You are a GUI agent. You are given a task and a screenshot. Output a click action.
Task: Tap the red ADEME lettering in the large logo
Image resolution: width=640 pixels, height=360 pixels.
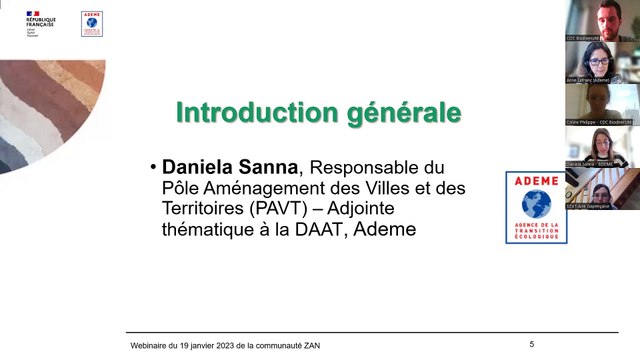point(535,180)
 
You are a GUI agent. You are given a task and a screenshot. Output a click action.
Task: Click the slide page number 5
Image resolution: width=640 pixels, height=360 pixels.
point(532,344)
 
